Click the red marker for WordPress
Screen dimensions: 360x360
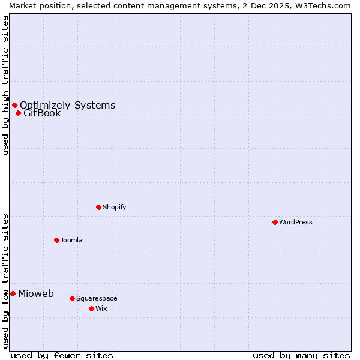click(275, 222)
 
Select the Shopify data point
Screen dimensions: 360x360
click(98, 207)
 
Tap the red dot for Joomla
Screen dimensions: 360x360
click(56, 240)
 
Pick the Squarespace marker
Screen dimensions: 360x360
click(72, 298)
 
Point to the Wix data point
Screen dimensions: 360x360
click(91, 308)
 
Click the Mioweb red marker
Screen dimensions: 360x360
click(13, 293)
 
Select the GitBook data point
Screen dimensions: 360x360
click(18, 113)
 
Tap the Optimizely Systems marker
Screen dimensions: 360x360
click(14, 105)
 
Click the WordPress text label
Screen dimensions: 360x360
click(296, 222)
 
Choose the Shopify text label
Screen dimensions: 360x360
click(114, 207)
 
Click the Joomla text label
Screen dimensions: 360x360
click(71, 240)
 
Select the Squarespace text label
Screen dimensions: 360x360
click(97, 298)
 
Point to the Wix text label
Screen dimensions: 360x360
click(101, 308)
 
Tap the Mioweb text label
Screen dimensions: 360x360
click(36, 293)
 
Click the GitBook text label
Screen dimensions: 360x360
click(42, 113)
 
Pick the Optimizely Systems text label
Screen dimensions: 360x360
click(67, 105)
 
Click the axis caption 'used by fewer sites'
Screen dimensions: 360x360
click(62, 355)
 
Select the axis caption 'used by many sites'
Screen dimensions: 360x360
click(301, 355)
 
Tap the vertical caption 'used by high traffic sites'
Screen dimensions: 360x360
click(5, 85)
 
